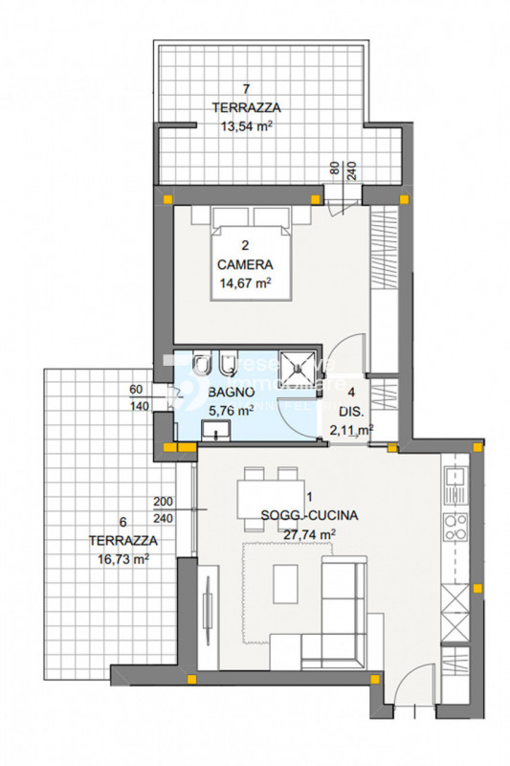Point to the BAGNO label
pos(230,393)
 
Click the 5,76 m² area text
pos(230,410)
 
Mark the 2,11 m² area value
pos(351,430)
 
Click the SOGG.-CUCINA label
pos(309,515)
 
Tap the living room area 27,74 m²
pos(310,534)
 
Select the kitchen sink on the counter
pos(454,476)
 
